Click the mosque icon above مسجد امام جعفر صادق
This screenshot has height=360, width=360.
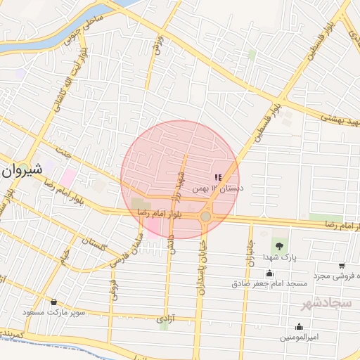click(x=269, y=274)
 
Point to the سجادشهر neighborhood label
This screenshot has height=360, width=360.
click(x=326, y=304)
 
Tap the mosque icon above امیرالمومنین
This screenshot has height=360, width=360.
click(x=299, y=326)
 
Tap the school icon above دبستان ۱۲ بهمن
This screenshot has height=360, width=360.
click(x=217, y=178)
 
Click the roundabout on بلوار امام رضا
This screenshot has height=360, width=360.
click(x=205, y=217)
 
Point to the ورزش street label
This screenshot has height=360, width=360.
click(x=157, y=47)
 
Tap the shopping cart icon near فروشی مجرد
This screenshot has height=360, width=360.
click(x=341, y=266)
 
